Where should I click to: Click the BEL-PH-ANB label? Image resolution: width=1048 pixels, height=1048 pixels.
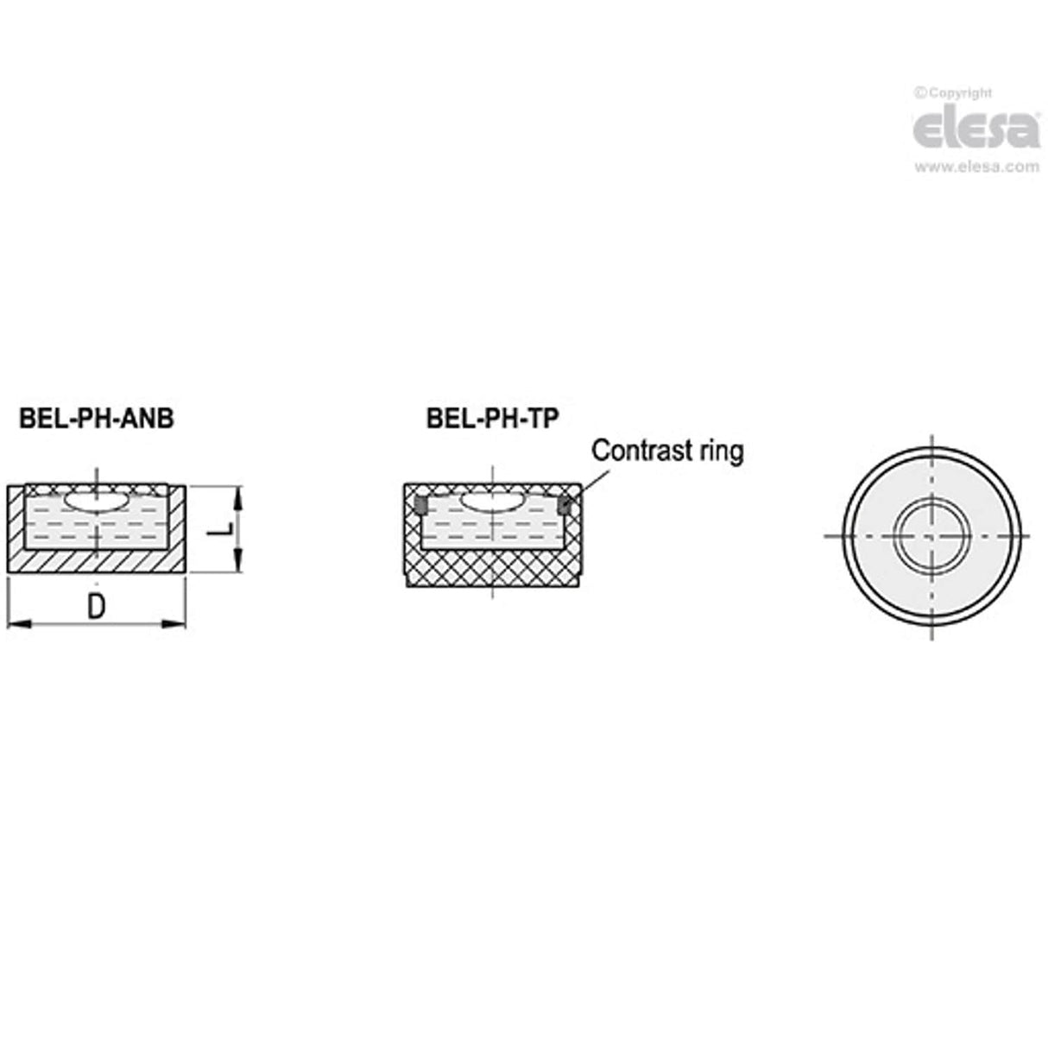pos(96,420)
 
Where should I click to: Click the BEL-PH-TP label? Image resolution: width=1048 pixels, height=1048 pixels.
pos(493,419)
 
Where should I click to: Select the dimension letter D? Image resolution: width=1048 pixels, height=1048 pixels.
pos(97,607)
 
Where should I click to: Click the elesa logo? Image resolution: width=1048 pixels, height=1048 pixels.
pos(975,130)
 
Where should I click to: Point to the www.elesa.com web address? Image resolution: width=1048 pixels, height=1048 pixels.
pos(977,167)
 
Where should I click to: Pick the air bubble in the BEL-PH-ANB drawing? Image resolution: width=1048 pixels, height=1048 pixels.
pos(97,502)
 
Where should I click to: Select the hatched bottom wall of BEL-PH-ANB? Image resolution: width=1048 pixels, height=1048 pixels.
pos(97,561)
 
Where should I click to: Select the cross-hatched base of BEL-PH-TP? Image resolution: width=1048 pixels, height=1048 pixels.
pos(492,570)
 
